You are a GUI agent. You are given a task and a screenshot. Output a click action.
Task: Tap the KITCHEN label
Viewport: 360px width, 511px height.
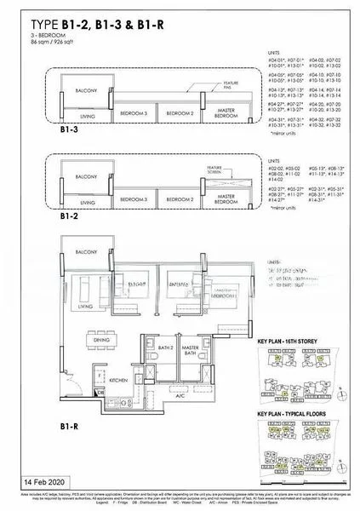click(117, 379)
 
